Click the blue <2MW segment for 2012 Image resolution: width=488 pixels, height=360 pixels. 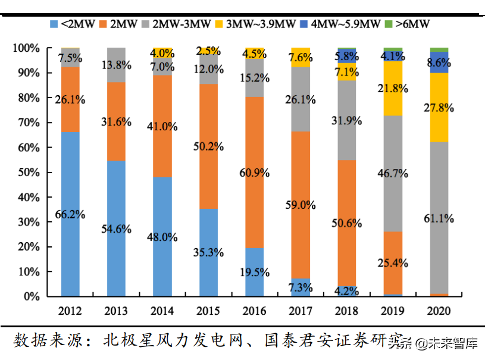pyautogui.click(x=70, y=214)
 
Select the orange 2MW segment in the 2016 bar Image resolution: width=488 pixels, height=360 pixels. pyautogui.click(x=255, y=173)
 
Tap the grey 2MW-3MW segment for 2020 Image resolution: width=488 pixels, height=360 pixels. pyautogui.click(x=439, y=218)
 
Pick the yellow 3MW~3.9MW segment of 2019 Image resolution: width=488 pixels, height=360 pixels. pyautogui.click(x=393, y=88)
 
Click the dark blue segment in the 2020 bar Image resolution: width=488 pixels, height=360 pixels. pyautogui.click(x=439, y=62)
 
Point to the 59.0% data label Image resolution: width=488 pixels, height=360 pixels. pyautogui.click(x=301, y=205)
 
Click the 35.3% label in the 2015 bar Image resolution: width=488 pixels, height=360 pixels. pyautogui.click(x=208, y=252)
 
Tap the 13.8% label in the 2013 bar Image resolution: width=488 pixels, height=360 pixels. pyautogui.click(x=116, y=65)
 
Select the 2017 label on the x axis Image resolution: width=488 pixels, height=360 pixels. pyautogui.click(x=301, y=311)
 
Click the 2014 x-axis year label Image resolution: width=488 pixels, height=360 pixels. pyautogui.click(x=162, y=311)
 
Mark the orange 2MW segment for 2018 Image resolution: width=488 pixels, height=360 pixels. pyautogui.click(x=347, y=223)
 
